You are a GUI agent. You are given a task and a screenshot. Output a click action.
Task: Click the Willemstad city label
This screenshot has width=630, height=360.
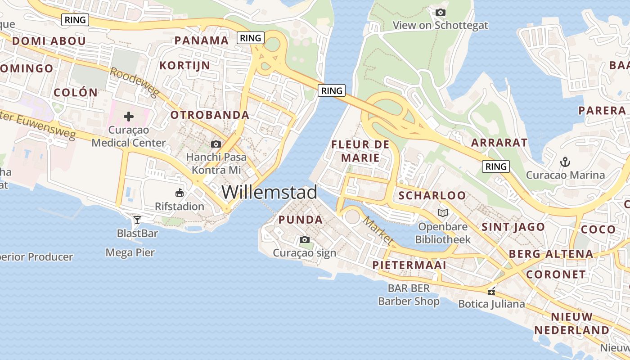pyautogui.click(x=269, y=192)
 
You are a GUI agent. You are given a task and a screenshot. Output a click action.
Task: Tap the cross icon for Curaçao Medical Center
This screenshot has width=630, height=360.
pyautogui.click(x=129, y=117)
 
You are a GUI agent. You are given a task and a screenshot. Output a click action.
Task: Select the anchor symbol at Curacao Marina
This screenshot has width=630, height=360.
pyautogui.click(x=565, y=161)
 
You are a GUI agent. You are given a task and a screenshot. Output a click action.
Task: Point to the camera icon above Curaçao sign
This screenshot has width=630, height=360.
pyautogui.click(x=305, y=239)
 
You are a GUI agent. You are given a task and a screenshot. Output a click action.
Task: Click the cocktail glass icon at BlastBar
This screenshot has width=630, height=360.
pyautogui.click(x=137, y=220)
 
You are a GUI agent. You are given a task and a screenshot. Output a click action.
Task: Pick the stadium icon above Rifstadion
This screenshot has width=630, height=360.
pyautogui.click(x=180, y=193)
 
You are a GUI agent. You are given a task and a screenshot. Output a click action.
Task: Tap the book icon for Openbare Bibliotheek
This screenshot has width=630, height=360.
pyautogui.click(x=443, y=213)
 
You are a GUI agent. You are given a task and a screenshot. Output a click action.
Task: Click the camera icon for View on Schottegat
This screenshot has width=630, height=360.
pyautogui.click(x=441, y=12)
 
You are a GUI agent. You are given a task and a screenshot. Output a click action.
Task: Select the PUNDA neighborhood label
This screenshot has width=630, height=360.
pyautogui.click(x=301, y=220)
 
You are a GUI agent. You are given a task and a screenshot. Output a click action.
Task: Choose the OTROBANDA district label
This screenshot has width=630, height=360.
pyautogui.click(x=210, y=115)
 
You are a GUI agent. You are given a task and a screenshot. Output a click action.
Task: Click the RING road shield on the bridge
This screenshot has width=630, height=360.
pyautogui.click(x=332, y=90)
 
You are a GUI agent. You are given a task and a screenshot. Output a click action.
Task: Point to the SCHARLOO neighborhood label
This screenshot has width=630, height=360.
pyautogui.click(x=432, y=195)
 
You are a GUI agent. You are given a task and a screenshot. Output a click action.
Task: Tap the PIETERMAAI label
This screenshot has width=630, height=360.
pyautogui.click(x=409, y=265)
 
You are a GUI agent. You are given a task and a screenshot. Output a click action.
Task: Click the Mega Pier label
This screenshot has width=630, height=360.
pyautogui.click(x=130, y=252)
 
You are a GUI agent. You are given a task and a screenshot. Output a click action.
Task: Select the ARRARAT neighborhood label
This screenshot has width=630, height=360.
pyautogui.click(x=499, y=143)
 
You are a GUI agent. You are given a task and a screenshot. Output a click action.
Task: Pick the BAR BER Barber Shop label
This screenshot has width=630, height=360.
pyautogui.click(x=409, y=295)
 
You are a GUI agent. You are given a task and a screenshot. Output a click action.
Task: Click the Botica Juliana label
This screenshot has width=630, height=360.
pyautogui.click(x=491, y=304)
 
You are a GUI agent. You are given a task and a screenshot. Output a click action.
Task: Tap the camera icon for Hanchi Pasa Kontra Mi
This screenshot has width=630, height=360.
pyautogui.click(x=216, y=144)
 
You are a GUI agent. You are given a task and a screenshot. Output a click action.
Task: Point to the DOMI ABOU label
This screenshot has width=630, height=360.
pyautogui.click(x=49, y=41)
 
